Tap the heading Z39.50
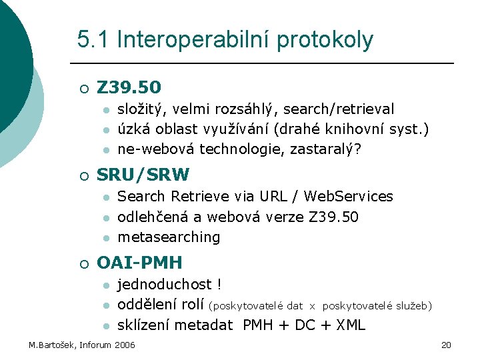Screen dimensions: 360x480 (x=129, y=87)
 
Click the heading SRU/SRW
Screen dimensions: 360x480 (x=143, y=175)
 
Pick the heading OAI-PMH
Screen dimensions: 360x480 (x=139, y=263)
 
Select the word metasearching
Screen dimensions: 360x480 (x=169, y=237)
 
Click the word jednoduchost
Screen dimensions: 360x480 (x=166, y=285)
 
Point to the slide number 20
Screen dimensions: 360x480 (x=447, y=345)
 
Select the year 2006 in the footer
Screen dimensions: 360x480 (x=125, y=345)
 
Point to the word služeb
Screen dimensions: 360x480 (x=415, y=306)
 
